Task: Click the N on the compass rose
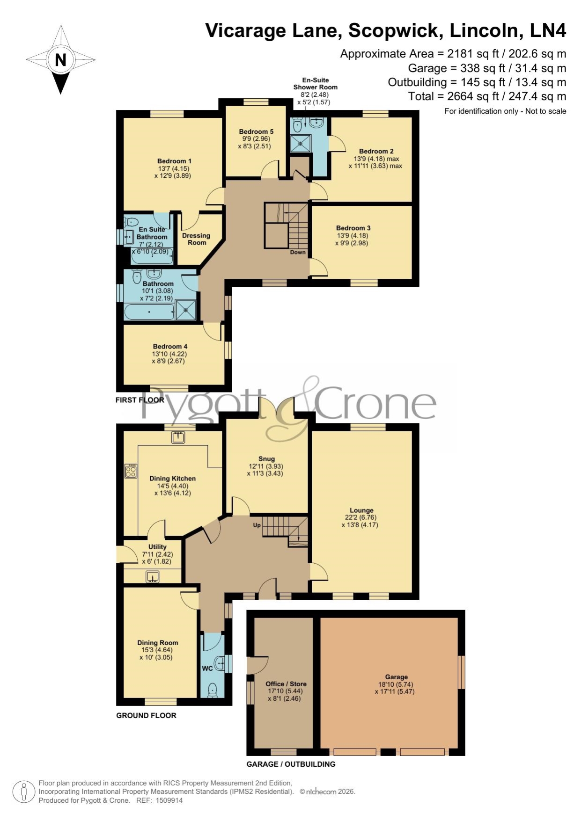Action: tap(60, 60)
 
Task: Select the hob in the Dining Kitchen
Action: tap(131, 471)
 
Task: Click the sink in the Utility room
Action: tap(152, 577)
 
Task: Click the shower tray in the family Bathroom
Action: tap(186, 310)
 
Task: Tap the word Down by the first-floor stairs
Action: tap(298, 252)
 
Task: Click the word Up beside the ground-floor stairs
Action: tap(257, 525)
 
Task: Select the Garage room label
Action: tap(396, 677)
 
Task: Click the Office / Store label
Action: tap(286, 684)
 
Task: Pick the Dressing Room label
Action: tap(196, 239)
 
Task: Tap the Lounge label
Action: tap(361, 510)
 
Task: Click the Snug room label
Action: tap(266, 459)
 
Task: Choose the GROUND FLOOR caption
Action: tap(146, 715)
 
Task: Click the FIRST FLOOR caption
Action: tap(140, 400)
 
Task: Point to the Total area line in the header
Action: tap(487, 96)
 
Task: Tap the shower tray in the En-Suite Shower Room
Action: tap(301, 144)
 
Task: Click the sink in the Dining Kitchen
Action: tap(178, 437)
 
